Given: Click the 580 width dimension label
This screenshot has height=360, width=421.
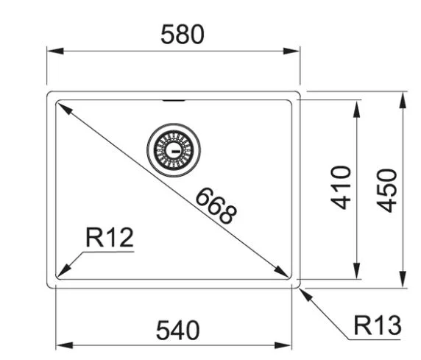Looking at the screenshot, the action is [183, 35].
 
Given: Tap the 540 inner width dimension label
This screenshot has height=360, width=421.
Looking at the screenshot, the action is [177, 330].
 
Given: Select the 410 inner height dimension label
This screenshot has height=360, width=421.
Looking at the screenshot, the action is [341, 187].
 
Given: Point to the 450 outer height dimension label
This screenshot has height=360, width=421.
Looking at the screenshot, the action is [387, 191].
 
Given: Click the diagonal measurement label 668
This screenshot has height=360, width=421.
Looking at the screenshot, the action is [216, 206].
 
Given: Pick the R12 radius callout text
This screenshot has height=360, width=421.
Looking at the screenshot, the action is [109, 237].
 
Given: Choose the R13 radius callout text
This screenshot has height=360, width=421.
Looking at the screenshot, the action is [378, 325].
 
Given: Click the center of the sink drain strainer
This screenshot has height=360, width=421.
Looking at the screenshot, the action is [174, 150].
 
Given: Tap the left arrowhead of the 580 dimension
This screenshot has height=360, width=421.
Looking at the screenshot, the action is [55, 51].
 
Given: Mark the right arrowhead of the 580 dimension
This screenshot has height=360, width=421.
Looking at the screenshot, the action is [291, 51].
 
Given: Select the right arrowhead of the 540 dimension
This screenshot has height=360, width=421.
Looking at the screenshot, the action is [283, 345].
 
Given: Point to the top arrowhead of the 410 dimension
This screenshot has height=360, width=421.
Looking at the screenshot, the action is [356, 109].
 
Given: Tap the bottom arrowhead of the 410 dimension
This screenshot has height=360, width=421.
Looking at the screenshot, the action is [356, 271].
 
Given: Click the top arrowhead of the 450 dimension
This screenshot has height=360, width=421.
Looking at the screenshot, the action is [403, 100].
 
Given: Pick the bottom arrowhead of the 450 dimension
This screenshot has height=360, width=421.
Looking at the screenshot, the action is [403, 280].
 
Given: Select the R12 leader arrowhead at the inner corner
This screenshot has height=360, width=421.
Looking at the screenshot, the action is [63, 270].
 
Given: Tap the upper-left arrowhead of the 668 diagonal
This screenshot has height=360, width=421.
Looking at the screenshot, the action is [65, 108].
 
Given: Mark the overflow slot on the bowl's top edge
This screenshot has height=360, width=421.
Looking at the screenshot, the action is [174, 101].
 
